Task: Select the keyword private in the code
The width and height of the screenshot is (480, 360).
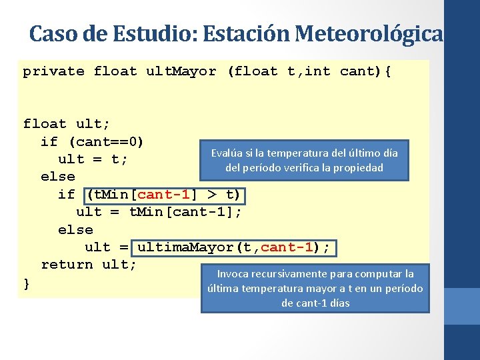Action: pos(53,71)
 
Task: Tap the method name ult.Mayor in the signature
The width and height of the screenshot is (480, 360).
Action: pos(181,71)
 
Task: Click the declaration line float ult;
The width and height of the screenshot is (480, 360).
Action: pos(67,124)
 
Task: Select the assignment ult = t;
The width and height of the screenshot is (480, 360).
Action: pos(93,159)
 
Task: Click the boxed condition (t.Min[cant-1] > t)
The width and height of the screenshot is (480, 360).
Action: pos(165,195)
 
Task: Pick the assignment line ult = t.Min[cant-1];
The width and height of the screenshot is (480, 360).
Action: pos(159,212)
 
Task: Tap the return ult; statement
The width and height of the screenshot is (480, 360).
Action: pos(89,265)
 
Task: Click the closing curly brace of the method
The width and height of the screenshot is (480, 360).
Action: pos(27,283)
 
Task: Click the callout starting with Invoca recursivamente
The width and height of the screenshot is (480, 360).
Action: pos(315,288)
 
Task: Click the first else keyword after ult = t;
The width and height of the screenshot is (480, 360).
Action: pos(57,177)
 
